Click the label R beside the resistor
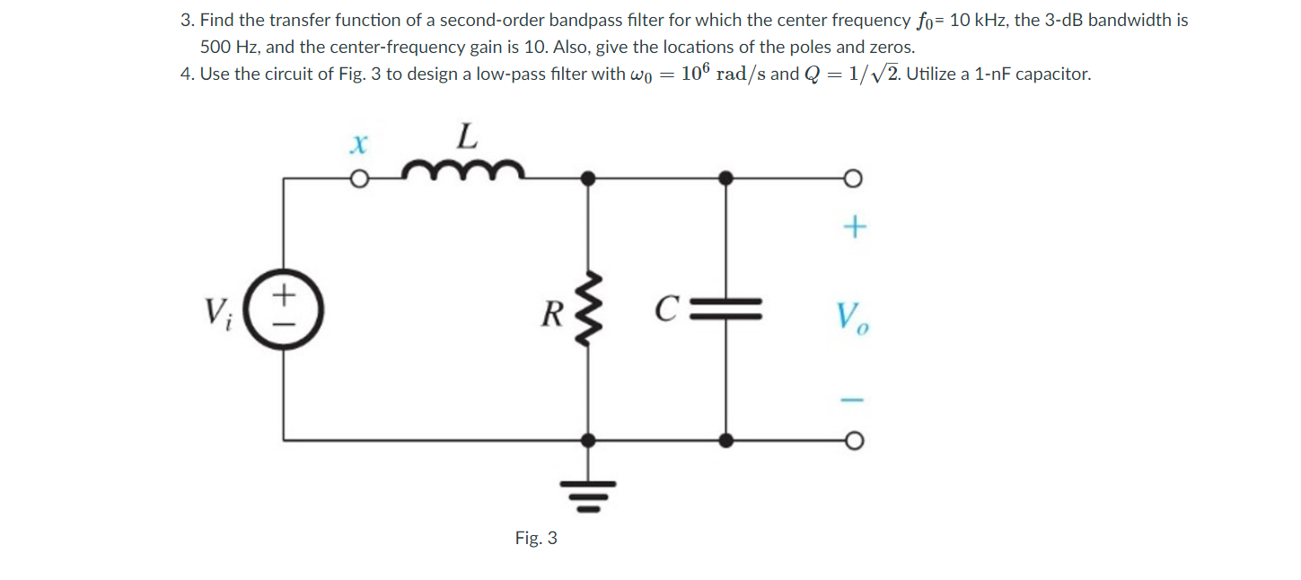tap(551, 315)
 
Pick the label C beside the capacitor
tap(665, 312)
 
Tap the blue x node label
tap(359, 142)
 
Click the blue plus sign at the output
tap(853, 230)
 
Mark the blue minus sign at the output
tap(853, 398)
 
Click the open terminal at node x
tap(359, 179)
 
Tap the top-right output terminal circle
tap(853, 179)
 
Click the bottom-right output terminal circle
tap(853, 440)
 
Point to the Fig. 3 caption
tap(536, 538)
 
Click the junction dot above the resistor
tap(588, 179)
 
